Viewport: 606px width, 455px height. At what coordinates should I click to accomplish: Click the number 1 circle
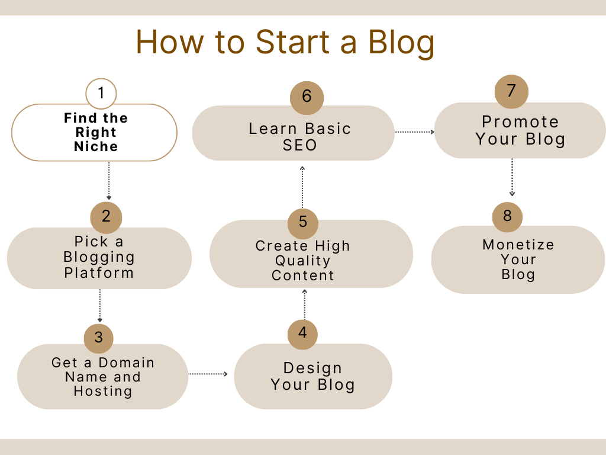[x=101, y=93]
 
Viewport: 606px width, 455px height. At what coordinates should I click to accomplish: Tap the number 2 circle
[x=106, y=217]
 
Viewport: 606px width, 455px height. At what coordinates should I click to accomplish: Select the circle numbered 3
[x=99, y=338]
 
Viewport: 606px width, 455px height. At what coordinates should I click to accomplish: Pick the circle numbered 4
[x=302, y=334]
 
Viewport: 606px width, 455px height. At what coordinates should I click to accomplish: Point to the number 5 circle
[x=303, y=223]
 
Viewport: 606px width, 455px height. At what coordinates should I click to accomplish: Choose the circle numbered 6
[x=307, y=98]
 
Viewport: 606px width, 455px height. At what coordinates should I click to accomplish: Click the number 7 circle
[x=511, y=92]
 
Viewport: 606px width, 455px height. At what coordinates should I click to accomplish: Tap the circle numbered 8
[x=507, y=217]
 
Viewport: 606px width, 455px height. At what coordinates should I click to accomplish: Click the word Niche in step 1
[x=96, y=147]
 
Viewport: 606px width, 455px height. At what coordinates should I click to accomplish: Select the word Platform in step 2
[x=99, y=273]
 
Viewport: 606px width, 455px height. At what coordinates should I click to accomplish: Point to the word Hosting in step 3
[x=103, y=391]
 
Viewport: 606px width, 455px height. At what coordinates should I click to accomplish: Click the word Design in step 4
[x=312, y=369]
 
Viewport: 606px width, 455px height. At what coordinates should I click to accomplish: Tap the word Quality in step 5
[x=302, y=261]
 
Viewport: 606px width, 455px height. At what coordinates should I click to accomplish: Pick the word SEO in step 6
[x=300, y=146]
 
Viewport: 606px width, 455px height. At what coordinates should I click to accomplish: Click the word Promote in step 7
[x=520, y=122]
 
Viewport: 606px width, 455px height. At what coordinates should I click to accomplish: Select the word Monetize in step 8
[x=518, y=245]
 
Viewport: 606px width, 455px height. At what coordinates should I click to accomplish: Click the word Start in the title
[x=292, y=42]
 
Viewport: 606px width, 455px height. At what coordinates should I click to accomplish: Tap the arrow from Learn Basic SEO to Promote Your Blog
[x=415, y=132]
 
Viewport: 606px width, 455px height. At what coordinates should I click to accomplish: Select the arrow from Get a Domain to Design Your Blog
[x=208, y=374]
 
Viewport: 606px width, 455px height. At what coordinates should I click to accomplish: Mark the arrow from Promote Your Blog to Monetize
[x=512, y=177]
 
